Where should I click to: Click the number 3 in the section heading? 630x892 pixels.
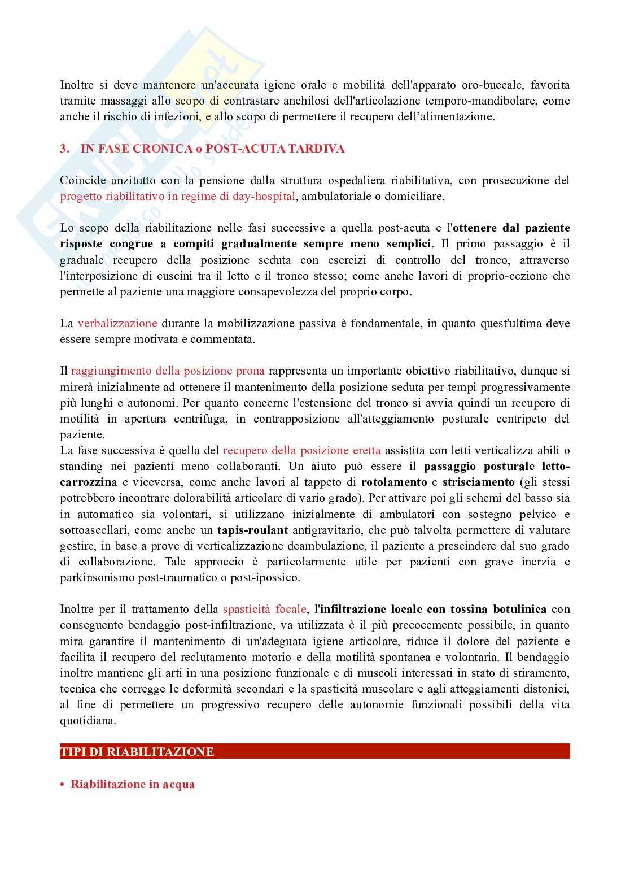[x=63, y=149]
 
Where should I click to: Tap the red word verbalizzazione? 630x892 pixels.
[x=117, y=324]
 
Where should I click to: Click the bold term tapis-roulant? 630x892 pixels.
[x=252, y=530]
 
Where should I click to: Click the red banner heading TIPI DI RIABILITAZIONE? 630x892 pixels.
[x=137, y=752]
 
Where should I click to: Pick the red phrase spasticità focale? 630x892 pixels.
[x=264, y=610]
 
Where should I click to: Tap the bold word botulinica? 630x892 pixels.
[x=520, y=610]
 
